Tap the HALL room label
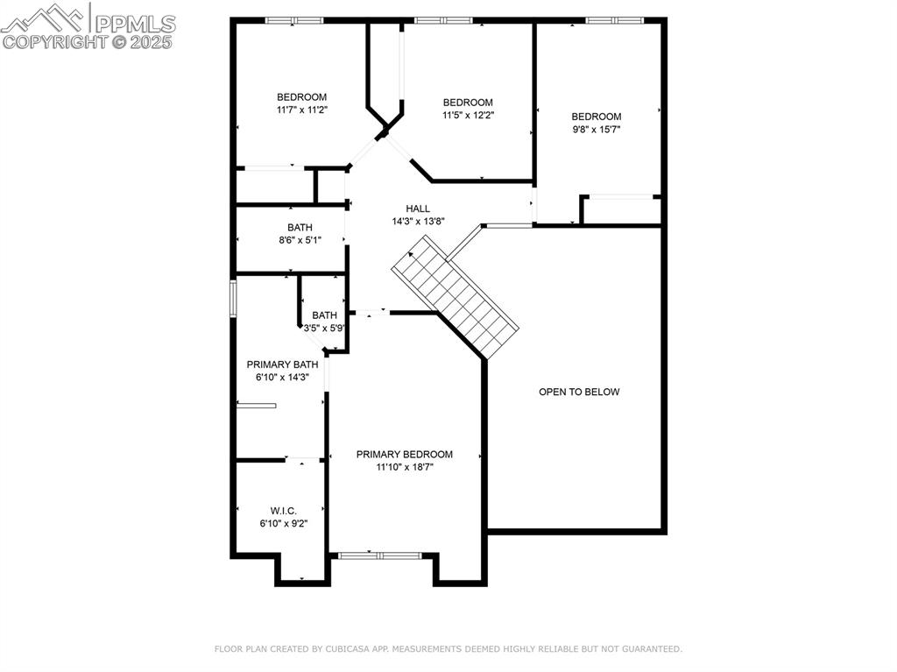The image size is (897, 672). coord(418,209)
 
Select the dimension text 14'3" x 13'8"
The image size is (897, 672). coord(418,222)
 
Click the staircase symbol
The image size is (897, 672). coord(456,296)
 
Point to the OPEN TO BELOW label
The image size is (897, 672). coord(578,392)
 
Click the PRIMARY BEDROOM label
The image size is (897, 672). coord(404,454)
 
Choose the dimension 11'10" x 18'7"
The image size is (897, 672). coord(404,467)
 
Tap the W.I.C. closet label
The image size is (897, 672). coord(283,510)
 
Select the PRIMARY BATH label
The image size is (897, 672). coord(282,364)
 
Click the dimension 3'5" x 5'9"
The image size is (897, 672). coord(325,329)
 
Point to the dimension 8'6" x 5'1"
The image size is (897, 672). coord(300,240)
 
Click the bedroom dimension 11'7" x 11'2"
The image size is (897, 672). coord(301,110)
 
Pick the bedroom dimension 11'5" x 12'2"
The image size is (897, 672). coord(468,115)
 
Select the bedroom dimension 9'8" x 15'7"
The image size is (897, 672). coord(597,129)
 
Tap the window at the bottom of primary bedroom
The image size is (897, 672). coord(380,555)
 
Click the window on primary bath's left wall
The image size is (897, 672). coord(233,297)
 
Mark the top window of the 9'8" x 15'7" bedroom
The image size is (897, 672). coord(614,20)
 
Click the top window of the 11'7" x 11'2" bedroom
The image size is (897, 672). coord(294,20)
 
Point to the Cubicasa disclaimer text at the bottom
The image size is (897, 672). coord(448,649)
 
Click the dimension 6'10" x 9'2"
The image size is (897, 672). coord(283,523)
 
